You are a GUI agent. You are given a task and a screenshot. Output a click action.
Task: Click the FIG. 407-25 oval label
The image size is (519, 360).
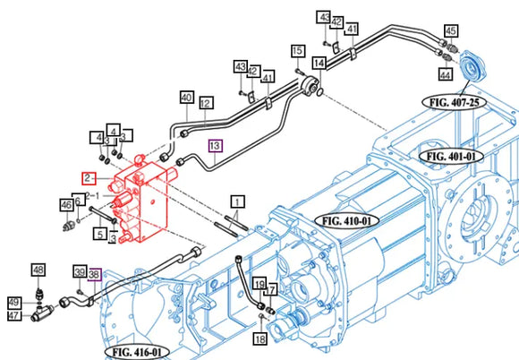[455, 102]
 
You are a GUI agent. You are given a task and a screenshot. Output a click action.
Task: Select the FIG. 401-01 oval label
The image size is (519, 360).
[450, 156]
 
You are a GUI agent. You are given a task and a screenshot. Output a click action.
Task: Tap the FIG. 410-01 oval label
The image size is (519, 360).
[346, 220]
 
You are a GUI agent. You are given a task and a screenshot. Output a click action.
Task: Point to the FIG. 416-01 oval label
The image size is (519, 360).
[137, 352]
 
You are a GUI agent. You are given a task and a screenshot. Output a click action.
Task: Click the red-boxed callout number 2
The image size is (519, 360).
[89, 178]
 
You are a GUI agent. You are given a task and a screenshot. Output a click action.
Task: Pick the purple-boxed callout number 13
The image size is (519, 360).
[215, 146]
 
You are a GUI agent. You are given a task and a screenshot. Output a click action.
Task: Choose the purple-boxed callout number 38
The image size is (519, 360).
[94, 273]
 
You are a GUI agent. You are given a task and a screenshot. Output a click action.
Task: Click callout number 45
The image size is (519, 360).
[451, 31]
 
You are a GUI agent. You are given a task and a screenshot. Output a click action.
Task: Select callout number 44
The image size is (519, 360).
[446, 74]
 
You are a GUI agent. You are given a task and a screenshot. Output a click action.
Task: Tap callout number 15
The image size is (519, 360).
[298, 51]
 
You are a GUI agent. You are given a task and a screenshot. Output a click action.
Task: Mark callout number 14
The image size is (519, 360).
[319, 63]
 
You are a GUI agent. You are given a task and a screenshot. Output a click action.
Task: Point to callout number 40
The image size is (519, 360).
[187, 98]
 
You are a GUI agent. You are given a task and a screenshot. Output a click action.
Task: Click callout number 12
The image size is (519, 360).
[206, 103]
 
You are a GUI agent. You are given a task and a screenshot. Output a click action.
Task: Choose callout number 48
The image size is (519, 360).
[38, 270]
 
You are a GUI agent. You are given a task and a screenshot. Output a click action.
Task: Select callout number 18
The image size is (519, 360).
[260, 339]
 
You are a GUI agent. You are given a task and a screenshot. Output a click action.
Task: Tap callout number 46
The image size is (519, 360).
[66, 205]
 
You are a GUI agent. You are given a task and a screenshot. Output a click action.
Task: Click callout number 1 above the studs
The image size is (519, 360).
[238, 201]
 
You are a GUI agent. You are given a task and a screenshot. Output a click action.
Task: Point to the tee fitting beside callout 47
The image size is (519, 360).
[42, 313]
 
